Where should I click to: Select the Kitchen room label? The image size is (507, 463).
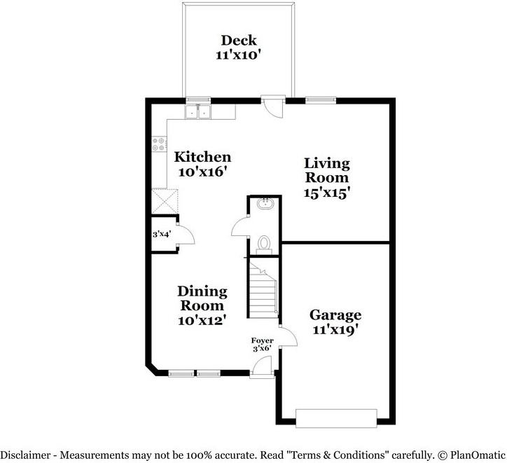coord(202,156)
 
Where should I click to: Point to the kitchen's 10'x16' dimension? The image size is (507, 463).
coord(202,172)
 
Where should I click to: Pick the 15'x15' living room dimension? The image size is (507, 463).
coord(326,193)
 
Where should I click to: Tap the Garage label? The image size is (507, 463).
coord(335,315)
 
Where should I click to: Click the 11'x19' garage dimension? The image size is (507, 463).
coord(335,330)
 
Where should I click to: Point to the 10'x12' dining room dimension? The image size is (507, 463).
coord(202,320)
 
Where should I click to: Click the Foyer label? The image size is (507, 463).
coord(263,341)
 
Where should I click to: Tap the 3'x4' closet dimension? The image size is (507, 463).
coord(162,234)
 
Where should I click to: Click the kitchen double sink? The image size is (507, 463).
coord(198,111)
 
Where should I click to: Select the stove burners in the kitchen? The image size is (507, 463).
coord(157,145)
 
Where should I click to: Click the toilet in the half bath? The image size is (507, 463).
coord(264,242)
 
